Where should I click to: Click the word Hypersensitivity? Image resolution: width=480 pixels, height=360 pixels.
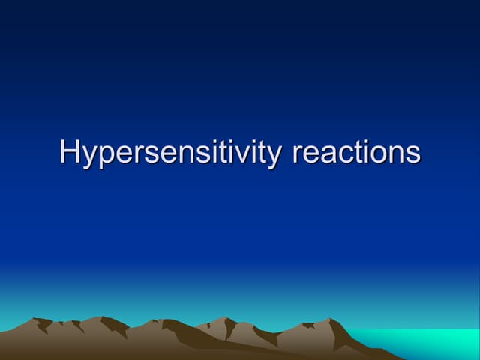170,153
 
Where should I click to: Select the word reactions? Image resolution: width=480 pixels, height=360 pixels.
356,152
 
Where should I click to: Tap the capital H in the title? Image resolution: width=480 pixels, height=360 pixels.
70,151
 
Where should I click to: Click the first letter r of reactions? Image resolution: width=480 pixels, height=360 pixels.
298,154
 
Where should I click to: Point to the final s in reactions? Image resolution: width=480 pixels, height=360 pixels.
414,155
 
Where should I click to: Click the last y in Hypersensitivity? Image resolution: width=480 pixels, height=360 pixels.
273,157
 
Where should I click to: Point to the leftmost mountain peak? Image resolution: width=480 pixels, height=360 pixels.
34,319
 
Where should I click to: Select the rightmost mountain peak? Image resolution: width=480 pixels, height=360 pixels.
329,319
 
